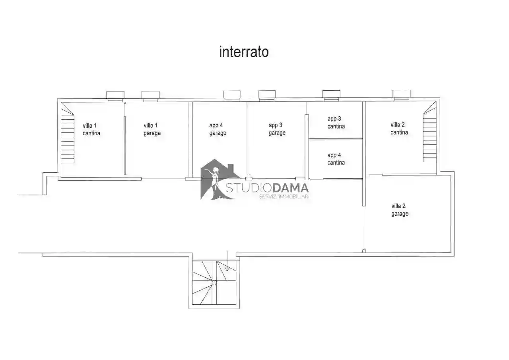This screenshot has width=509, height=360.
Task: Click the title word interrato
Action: click(x=244, y=52)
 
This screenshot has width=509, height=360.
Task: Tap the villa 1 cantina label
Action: click(x=91, y=129)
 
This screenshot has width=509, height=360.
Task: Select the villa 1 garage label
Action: click(x=152, y=129)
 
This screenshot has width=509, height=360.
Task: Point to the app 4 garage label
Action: click(x=218, y=129)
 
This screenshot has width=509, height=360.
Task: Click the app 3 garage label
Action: click(x=277, y=129)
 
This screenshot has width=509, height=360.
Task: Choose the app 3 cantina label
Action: click(x=336, y=123)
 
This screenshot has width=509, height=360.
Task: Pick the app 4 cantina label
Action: click(x=336, y=159)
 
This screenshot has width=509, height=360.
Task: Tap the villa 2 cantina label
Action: click(x=399, y=128)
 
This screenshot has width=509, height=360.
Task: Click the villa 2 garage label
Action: click(x=399, y=210)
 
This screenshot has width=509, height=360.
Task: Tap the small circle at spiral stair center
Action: click(x=214, y=283)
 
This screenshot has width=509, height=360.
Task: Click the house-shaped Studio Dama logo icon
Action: click(x=217, y=179)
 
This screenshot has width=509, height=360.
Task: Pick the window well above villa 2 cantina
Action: click(x=401, y=94)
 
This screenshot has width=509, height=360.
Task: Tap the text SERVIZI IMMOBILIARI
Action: click(x=284, y=197)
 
